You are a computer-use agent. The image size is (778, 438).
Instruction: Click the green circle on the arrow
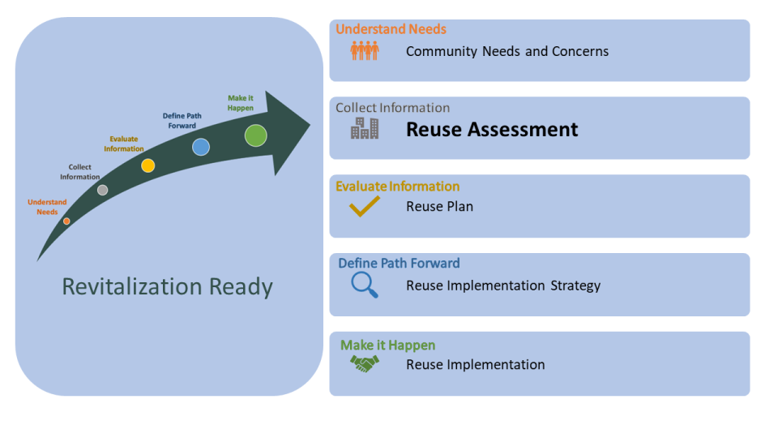pyautogui.click(x=256, y=135)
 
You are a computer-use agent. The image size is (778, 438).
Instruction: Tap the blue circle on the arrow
pyautogui.click(x=201, y=147)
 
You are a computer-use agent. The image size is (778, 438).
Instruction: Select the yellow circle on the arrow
pyautogui.click(x=148, y=165)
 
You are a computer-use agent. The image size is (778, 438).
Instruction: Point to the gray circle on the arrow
pyautogui.click(x=102, y=190)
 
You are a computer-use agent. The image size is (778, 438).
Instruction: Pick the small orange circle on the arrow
pyautogui.click(x=66, y=221)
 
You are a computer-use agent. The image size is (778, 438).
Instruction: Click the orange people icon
pyautogui.click(x=365, y=51)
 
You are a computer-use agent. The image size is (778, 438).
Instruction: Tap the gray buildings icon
pyautogui.click(x=365, y=128)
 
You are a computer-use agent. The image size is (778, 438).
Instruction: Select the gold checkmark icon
pyautogui.click(x=365, y=207)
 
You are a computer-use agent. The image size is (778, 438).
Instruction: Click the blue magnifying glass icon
pyautogui.click(x=365, y=285)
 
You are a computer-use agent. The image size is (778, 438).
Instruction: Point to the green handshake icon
pyautogui.click(x=365, y=365)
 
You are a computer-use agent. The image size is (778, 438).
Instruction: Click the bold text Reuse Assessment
pyautogui.click(x=492, y=130)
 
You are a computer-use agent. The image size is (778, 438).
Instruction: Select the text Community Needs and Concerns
pyautogui.click(x=507, y=52)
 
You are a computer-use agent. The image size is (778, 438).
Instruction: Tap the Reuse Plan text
pyautogui.click(x=439, y=207)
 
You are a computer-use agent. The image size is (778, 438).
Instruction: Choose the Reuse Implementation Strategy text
pyautogui.click(x=503, y=286)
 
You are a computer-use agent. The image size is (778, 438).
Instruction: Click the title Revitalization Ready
pyautogui.click(x=168, y=287)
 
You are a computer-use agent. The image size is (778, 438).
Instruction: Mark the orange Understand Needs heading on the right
pyautogui.click(x=391, y=29)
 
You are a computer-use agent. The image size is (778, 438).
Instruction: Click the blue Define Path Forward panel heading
pyautogui.click(x=399, y=264)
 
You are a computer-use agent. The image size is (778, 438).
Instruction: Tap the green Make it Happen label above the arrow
pyautogui.click(x=241, y=103)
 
